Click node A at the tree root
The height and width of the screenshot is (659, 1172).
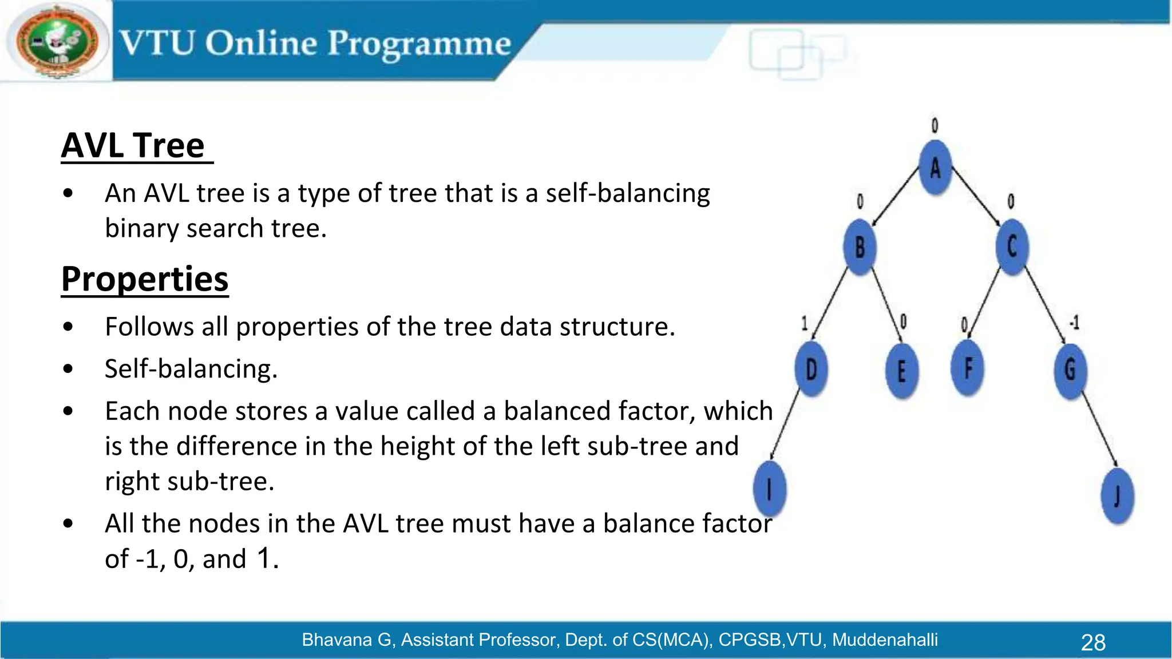[x=935, y=168]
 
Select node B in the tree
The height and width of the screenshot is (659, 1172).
[x=860, y=247]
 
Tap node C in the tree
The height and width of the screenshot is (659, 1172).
[x=1012, y=247]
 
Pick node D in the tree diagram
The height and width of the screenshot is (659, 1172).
[x=811, y=369]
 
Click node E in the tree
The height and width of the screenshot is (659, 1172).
[x=902, y=371]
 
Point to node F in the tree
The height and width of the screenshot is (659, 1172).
[x=968, y=368]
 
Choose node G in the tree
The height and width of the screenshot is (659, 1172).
[x=1070, y=370]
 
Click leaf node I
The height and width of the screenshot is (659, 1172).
[x=770, y=489]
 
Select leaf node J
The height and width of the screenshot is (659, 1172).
[x=1117, y=495]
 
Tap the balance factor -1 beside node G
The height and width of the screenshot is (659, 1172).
[x=1074, y=323]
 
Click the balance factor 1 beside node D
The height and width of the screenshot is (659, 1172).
[x=804, y=324]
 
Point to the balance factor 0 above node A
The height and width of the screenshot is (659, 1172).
[x=935, y=125]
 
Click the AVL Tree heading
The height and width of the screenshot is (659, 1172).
[x=133, y=145]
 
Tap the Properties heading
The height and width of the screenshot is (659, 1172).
[x=145, y=279]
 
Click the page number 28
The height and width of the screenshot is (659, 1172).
[x=1093, y=642]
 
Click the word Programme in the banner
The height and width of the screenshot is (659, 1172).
[x=419, y=44]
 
